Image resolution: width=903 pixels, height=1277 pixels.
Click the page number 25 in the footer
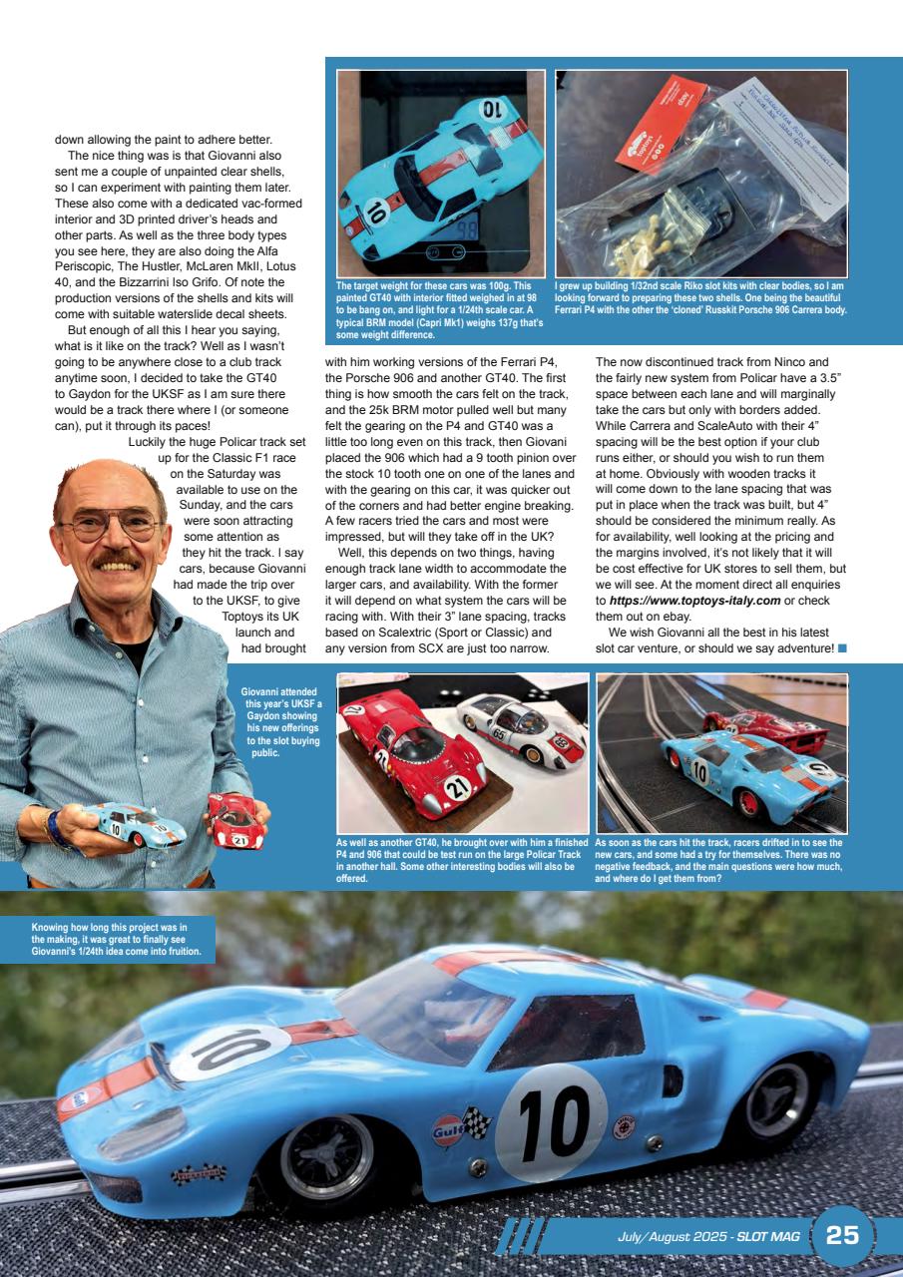[x=842, y=1235]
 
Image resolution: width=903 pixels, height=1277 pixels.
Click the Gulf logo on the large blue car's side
[x=446, y=1129]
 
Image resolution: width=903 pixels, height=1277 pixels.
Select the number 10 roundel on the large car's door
[x=551, y=1123]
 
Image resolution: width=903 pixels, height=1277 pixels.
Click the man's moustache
[x=119, y=560]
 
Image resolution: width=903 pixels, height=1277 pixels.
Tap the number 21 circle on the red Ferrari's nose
[x=457, y=788]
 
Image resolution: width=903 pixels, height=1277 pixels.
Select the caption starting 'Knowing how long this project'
[x=116, y=940]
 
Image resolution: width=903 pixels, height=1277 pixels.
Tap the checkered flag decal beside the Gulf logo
[x=477, y=1124]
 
